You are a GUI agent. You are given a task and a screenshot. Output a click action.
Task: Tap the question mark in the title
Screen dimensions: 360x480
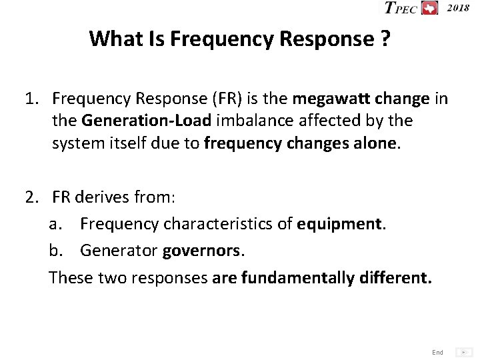pyautogui.click(x=385, y=39)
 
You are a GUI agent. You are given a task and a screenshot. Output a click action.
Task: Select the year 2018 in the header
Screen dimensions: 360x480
pyautogui.click(x=457, y=7)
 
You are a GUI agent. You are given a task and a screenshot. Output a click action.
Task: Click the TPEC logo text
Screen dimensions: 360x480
pyautogui.click(x=401, y=8)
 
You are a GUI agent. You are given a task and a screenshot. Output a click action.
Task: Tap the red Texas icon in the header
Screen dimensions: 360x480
pyautogui.click(x=429, y=8)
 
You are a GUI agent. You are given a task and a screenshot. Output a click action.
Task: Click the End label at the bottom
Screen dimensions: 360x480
pyautogui.click(x=437, y=352)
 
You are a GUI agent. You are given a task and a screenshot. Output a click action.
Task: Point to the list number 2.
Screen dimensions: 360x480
pyautogui.click(x=31, y=197)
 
